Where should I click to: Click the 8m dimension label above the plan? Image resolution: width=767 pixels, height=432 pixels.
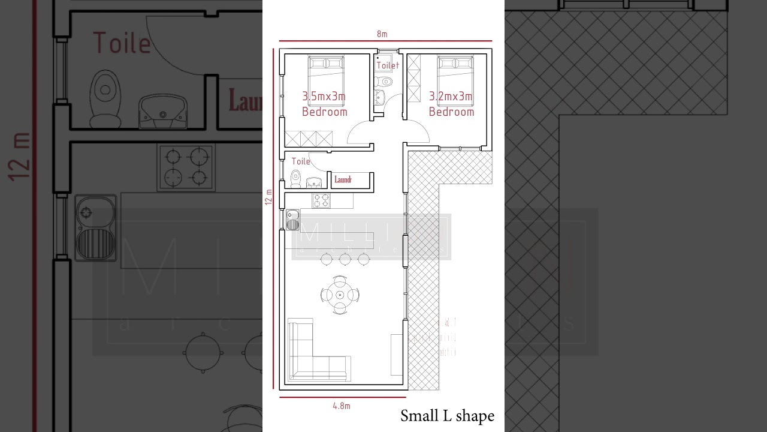click(x=382, y=34)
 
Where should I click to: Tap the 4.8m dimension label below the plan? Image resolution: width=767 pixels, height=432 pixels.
click(x=341, y=406)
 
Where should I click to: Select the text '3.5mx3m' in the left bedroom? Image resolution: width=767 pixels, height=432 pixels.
click(x=324, y=96)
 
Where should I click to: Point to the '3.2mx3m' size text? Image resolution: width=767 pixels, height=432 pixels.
click(x=451, y=96)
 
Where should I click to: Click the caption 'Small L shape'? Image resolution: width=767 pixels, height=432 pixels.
click(x=447, y=416)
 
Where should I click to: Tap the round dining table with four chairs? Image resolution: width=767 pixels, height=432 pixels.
click(x=340, y=295)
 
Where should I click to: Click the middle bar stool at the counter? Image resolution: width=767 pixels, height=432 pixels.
click(x=345, y=259)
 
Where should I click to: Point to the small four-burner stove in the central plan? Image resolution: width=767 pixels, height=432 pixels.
click(x=321, y=200)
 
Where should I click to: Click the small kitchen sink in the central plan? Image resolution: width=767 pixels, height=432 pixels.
click(x=292, y=220)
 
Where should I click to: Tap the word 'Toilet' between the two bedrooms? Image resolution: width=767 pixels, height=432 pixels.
click(x=387, y=65)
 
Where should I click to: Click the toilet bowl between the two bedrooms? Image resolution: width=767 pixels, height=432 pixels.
click(x=385, y=81)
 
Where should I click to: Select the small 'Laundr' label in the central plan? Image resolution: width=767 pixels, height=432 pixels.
click(x=343, y=179)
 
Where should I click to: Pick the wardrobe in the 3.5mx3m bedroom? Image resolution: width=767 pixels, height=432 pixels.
click(x=309, y=138)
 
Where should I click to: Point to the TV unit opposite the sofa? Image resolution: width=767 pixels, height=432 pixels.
click(x=397, y=355)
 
